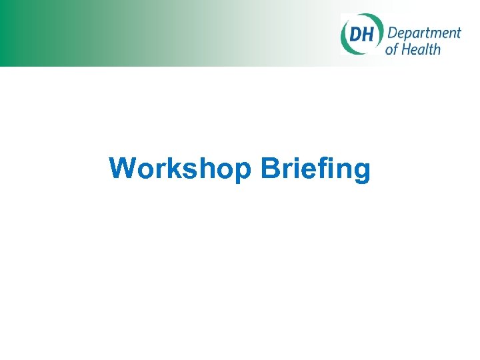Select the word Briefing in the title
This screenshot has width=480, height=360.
click(x=316, y=169)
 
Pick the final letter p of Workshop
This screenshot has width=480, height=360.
click(x=245, y=171)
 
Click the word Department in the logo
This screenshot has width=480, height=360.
click(x=423, y=34)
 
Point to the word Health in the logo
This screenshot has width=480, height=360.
click(x=423, y=49)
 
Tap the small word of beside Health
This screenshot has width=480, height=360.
click(x=392, y=49)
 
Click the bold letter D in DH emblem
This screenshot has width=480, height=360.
click(x=355, y=33)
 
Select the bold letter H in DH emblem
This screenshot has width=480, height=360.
click(x=368, y=33)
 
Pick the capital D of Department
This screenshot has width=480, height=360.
click(x=391, y=33)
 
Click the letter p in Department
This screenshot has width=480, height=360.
click(x=407, y=35)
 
